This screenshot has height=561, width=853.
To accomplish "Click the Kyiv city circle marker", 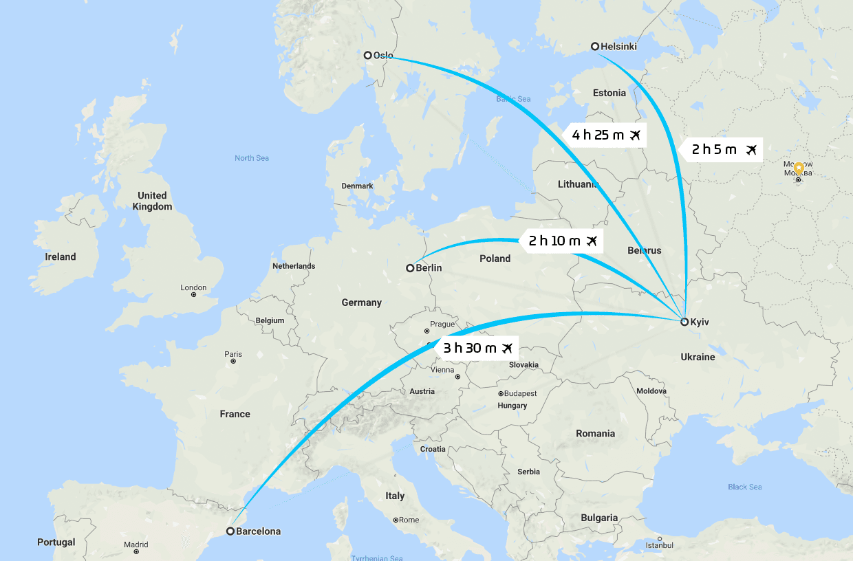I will click(684, 322).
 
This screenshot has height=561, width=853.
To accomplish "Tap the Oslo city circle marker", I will click(368, 55).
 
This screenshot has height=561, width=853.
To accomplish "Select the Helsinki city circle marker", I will click(595, 46).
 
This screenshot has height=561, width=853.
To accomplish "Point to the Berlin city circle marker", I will click(410, 267).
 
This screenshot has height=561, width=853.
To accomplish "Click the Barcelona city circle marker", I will click(230, 531).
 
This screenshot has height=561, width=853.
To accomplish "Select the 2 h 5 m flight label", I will click(722, 149).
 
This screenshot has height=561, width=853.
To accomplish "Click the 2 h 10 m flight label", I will click(563, 241).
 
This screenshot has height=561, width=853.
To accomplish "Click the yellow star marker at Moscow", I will click(798, 167).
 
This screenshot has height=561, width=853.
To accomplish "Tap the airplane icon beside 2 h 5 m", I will click(751, 149).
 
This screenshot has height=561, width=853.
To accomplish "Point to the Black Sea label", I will click(745, 487).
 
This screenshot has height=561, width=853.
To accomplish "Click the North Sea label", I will click(252, 158).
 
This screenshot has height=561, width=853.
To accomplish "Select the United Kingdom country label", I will click(152, 201).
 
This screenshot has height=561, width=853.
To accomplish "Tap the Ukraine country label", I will click(698, 357).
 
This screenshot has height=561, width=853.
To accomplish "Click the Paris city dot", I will click(233, 361).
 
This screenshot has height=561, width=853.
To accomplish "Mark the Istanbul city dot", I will click(660, 538).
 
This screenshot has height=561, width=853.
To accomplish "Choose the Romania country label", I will click(596, 433).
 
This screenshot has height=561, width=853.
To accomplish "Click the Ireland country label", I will click(61, 256).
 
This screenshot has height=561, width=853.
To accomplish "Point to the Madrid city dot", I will click(136, 551).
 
